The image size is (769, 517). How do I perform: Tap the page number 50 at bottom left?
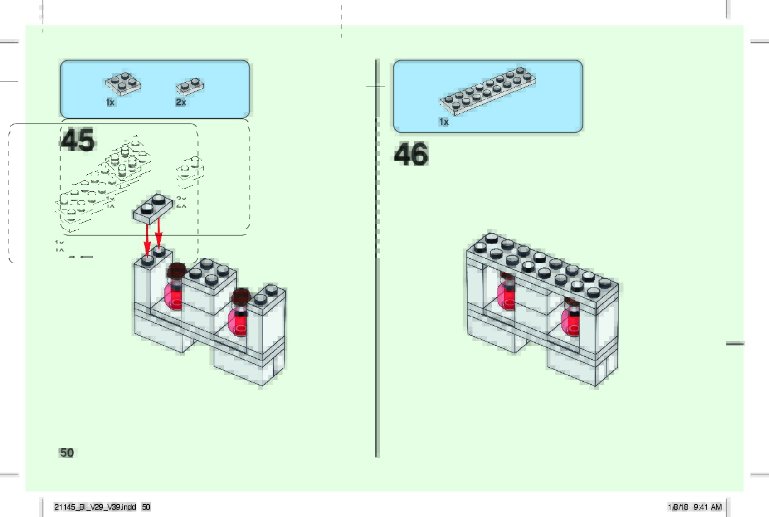pyautogui.click(x=67, y=452)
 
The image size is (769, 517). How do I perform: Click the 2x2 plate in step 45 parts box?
pyautogui.click(x=123, y=83)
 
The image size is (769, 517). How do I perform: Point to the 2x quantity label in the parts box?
pyautogui.click(x=181, y=102)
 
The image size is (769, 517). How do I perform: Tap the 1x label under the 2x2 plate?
pyautogui.click(x=110, y=102)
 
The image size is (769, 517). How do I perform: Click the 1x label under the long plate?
pyautogui.click(x=443, y=122)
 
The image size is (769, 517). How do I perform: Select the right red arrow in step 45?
pyautogui.click(x=159, y=234)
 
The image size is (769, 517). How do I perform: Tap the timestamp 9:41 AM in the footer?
pyautogui.click(x=708, y=507)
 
